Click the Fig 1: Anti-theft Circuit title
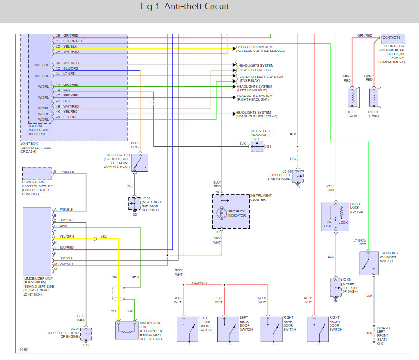(x=184, y=7)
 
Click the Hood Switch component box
(x=140, y=162)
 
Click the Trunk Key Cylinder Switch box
(x=368, y=264)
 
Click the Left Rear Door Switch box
(x=228, y=329)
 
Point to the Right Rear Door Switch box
(x=271, y=329)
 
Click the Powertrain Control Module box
(x=37, y=174)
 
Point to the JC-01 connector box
(x=256, y=146)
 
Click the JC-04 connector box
(x=86, y=334)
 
